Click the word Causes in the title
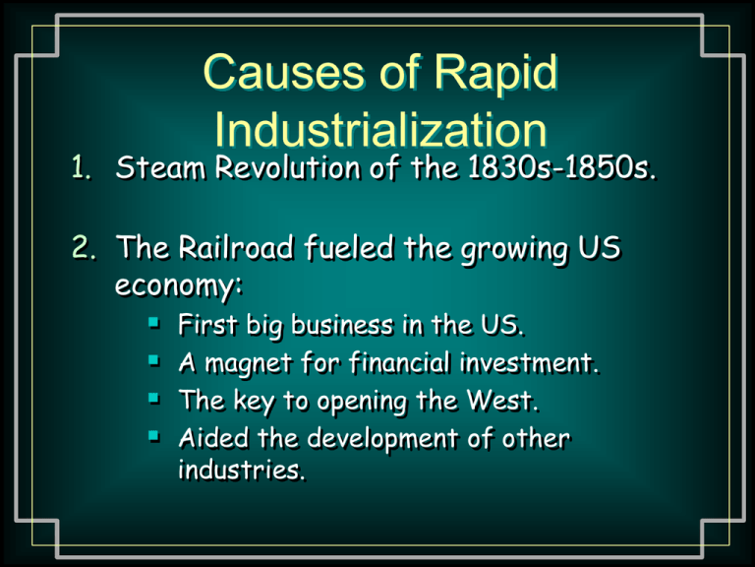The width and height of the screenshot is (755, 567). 283,72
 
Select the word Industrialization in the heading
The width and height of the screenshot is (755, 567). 380,129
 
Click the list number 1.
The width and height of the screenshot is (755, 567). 81,167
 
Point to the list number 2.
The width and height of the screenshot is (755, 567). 84,247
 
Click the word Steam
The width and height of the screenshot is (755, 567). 160,167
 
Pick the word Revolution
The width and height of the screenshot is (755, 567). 287,167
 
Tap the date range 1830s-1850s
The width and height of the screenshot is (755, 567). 562,167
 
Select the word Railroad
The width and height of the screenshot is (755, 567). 236,247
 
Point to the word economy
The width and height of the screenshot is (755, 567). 178,284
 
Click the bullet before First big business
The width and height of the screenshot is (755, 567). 154,322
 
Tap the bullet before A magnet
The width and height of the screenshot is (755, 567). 154,360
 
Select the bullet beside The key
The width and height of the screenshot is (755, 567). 154,399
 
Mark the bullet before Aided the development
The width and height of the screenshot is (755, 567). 154,436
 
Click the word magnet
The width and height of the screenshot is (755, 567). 248,364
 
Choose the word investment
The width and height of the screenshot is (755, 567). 530,362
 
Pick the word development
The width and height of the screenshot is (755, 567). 382,439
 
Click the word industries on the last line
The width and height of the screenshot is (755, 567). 242,470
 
